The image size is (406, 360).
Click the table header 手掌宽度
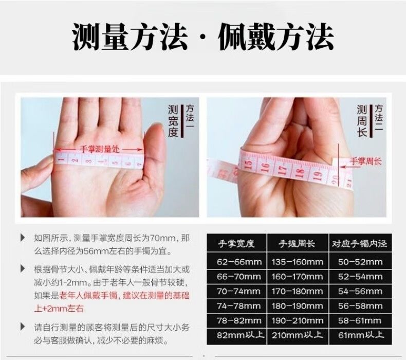[236, 243]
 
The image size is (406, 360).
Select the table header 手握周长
[297, 243]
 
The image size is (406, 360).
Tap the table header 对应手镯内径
[360, 243]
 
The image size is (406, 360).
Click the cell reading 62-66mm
[239, 262]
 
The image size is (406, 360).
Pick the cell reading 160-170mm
[297, 277]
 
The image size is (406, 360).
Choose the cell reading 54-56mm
[360, 291]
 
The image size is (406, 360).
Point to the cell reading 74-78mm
[239, 306]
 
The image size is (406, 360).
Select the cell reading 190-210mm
[298, 320]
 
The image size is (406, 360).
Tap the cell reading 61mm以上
[361, 335]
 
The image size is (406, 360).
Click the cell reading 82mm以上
[241, 335]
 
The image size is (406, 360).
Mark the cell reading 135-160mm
[297, 262]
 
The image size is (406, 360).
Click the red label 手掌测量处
[99, 149]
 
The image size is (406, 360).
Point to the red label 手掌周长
[365, 161]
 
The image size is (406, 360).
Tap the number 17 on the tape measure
[282, 170]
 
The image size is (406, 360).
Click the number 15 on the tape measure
[248, 166]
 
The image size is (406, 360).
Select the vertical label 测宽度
[173, 121]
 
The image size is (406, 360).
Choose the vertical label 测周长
[362, 121]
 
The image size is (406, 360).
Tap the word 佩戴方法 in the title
[276, 37]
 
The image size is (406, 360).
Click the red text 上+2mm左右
[59, 309]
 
